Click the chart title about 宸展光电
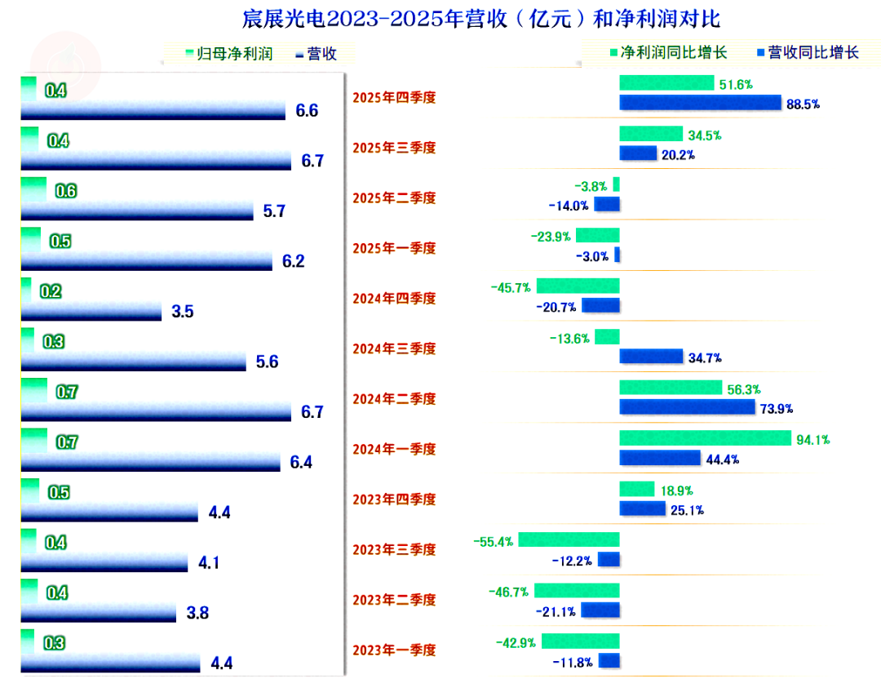[x=481, y=19]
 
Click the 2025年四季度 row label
[x=394, y=97]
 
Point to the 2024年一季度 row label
[x=394, y=449]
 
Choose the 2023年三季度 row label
[x=394, y=549]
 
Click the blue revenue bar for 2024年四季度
[x=91, y=311]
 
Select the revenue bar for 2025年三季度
[x=156, y=160]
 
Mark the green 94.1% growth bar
[x=705, y=438]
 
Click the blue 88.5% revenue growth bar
[x=700, y=103]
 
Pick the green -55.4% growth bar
[x=569, y=539]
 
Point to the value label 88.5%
[x=803, y=104]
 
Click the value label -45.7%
[x=511, y=287]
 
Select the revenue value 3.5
[x=183, y=311]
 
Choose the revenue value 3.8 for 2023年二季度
[x=197, y=613]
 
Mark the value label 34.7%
[x=705, y=357]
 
